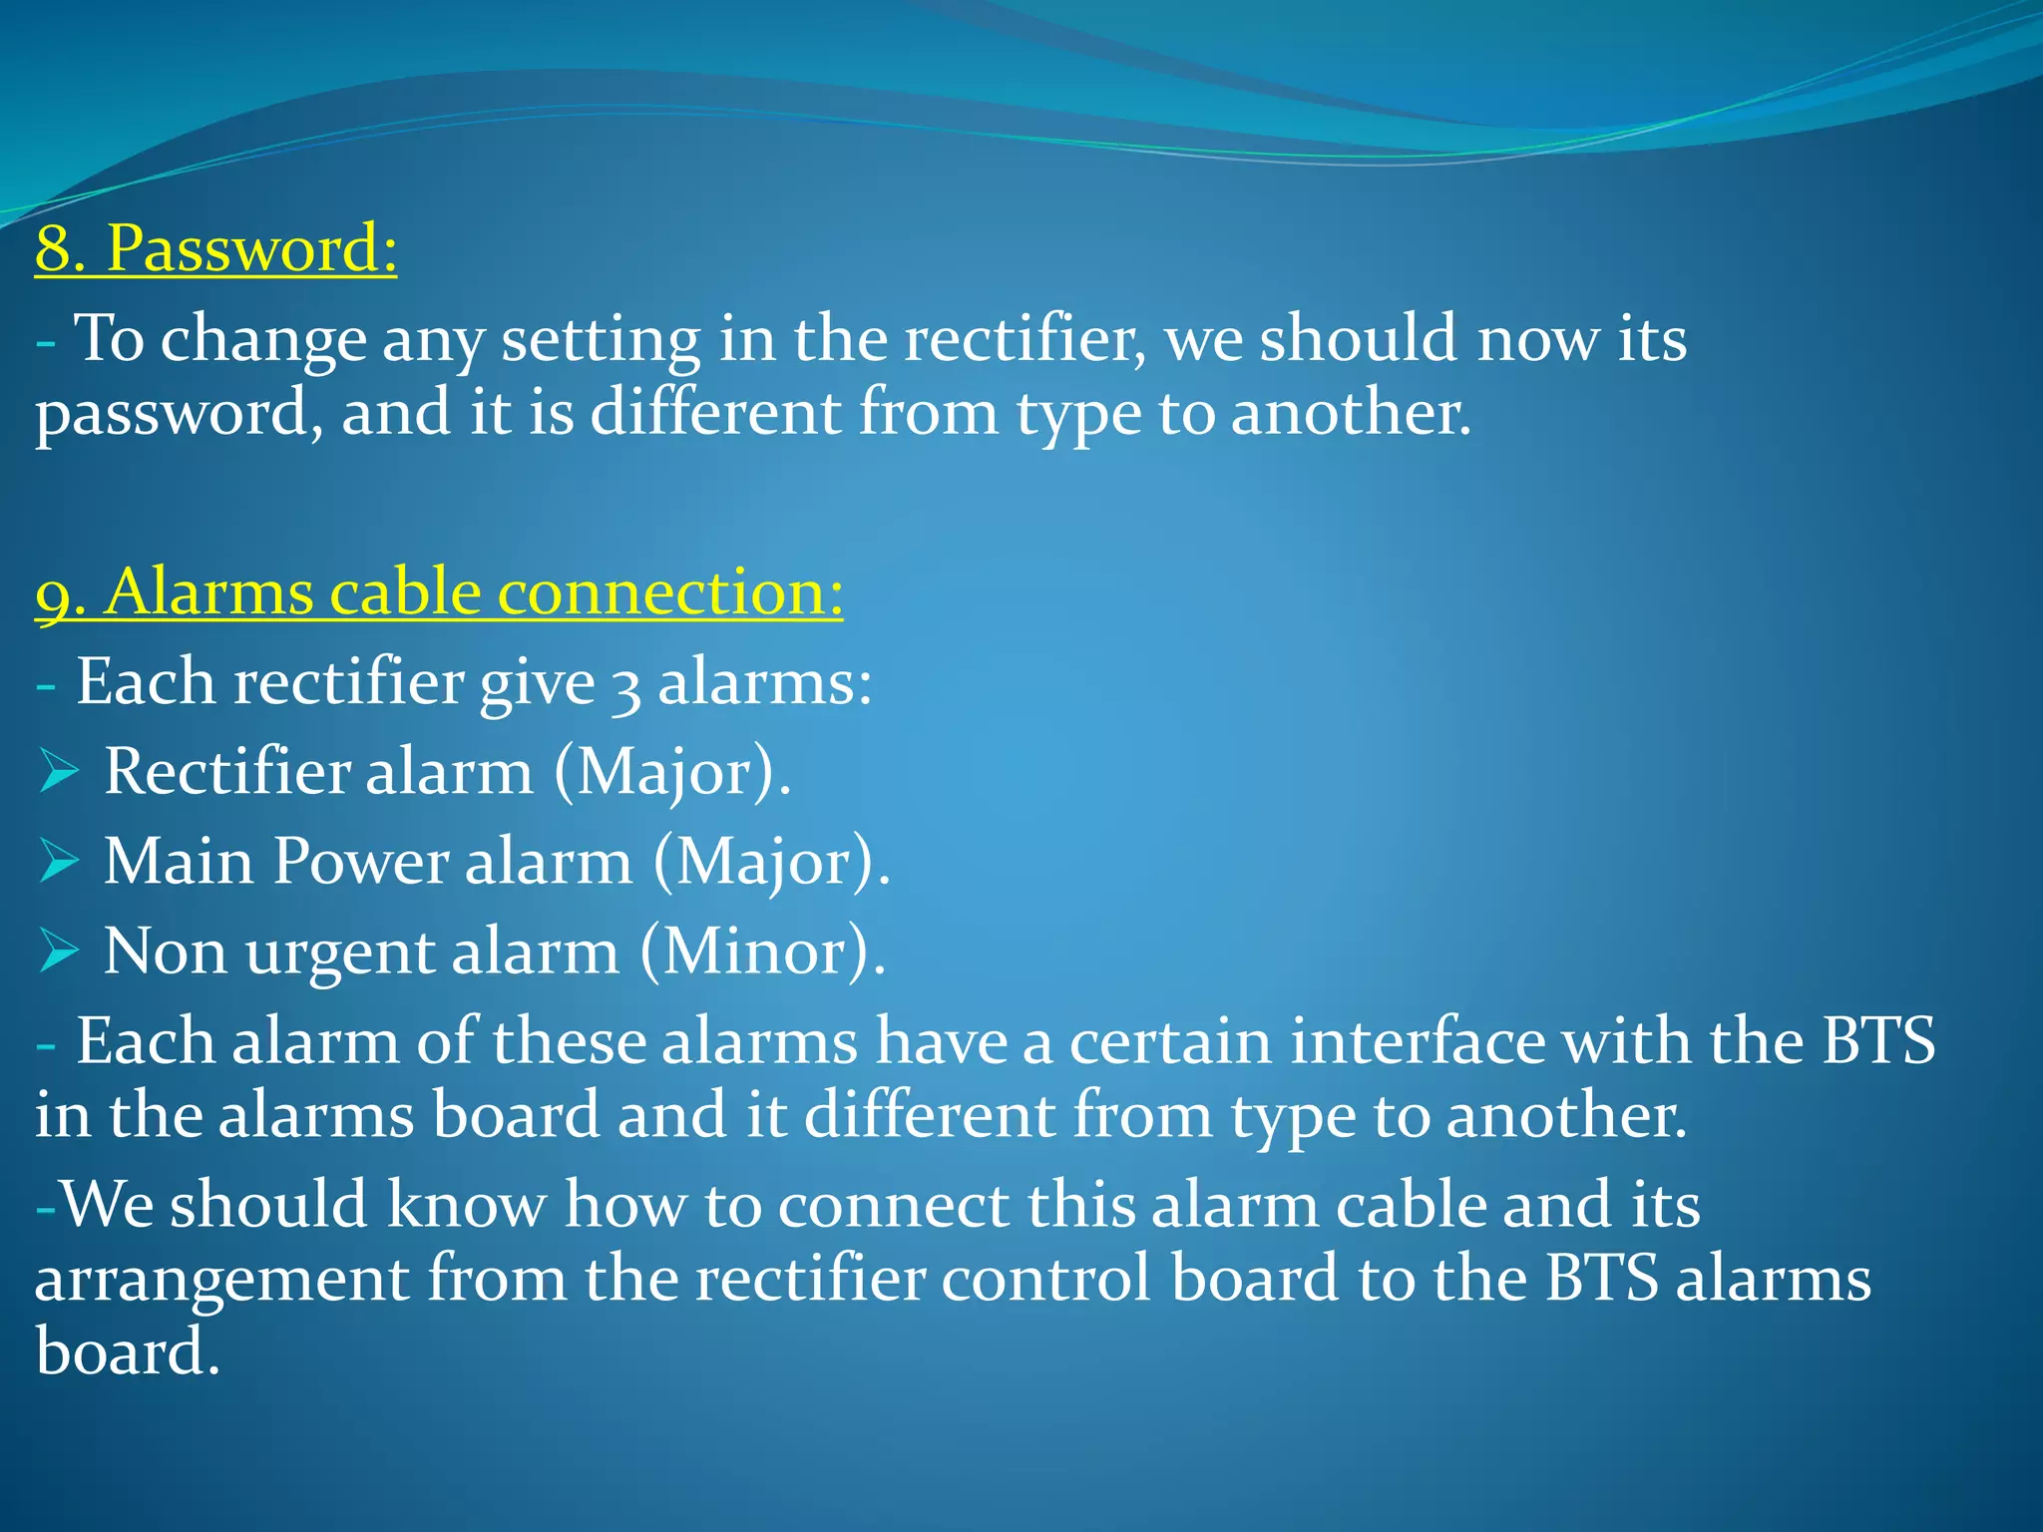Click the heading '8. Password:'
pyautogui.click(x=216, y=248)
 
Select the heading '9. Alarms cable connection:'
pyautogui.click(x=439, y=592)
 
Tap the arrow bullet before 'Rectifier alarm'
pyautogui.click(x=59, y=772)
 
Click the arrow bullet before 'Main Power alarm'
pyautogui.click(x=59, y=862)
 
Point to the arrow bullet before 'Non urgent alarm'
pyautogui.click(x=59, y=952)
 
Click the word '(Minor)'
pyautogui.click(x=763, y=952)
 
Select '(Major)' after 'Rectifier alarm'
pyautogui.click(x=672, y=772)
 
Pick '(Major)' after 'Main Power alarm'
pyautogui.click(x=771, y=862)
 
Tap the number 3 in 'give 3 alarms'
pyautogui.click(x=625, y=686)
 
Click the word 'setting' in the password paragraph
pyautogui.click(x=601, y=339)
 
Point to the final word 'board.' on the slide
pyautogui.click(x=127, y=1351)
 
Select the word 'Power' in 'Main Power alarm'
pyautogui.click(x=360, y=862)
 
